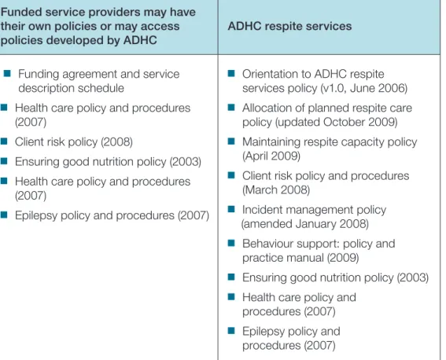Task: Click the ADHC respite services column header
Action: (289, 26)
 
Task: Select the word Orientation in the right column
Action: (273, 74)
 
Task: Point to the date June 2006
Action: (377, 88)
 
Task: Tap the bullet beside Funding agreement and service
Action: (7, 74)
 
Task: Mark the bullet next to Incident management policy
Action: (231, 209)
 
